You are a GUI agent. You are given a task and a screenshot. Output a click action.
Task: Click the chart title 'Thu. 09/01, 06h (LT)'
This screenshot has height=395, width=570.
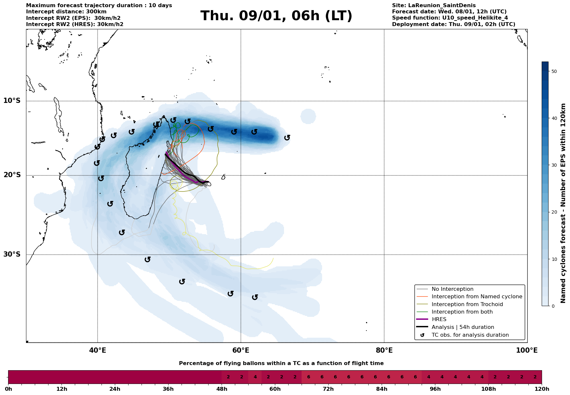coord(276,16)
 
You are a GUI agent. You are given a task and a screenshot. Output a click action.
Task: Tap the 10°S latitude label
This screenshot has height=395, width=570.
coord(12,101)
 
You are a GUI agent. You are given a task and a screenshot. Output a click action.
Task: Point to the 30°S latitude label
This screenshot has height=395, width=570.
coord(12,254)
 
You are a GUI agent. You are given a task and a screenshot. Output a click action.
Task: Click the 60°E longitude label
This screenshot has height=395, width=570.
coord(241,351)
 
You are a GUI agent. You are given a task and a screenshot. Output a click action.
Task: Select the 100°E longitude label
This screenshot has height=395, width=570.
coord(527,351)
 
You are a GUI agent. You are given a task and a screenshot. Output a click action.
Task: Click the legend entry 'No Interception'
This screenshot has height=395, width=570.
coord(452,289)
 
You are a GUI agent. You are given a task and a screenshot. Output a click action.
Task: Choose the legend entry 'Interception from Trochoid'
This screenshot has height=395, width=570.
coord(467,304)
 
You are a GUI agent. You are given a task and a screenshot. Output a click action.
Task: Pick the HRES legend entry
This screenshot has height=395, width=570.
coord(439,319)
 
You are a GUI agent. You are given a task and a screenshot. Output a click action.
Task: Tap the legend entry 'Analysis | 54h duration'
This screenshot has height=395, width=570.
coord(463,327)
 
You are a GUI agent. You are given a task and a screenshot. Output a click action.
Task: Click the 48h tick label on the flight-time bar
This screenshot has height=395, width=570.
coord(222,389)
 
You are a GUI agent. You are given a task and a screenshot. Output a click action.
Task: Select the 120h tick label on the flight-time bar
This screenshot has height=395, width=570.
coord(541,389)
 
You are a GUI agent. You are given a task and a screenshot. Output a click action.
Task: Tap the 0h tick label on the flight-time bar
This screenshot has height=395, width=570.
coord(8,389)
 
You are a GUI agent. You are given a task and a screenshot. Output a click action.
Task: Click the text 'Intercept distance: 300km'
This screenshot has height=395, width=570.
coord(66,12)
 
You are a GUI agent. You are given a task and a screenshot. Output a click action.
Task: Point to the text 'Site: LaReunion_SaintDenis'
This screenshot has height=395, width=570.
coord(434,6)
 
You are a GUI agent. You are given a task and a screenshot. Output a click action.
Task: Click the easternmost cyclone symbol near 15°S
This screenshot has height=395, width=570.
coord(287,138)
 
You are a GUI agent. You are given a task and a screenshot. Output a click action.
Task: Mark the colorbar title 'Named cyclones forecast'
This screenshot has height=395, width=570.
coord(563,203)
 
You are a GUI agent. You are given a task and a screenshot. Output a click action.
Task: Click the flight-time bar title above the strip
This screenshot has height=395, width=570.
coord(281,363)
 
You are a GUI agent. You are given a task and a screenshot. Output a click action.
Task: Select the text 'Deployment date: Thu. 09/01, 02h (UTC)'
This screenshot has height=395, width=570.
coord(454,24)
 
